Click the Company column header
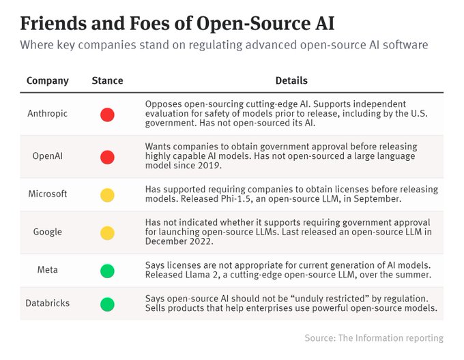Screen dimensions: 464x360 pyautogui.click(x=47, y=80)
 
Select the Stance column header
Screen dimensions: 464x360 pyautogui.click(x=107, y=80)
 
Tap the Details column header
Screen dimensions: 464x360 pyautogui.click(x=291, y=80)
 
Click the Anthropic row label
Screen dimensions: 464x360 pyautogui.click(x=47, y=113)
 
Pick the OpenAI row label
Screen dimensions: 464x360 pyautogui.click(x=47, y=155)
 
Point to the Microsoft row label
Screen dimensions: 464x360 pyautogui.click(x=47, y=194)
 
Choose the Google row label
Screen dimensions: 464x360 pyautogui.click(x=47, y=232)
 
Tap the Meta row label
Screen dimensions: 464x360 pyautogui.click(x=47, y=270)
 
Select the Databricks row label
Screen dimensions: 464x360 pyautogui.click(x=47, y=303)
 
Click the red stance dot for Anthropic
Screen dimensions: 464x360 pyautogui.click(x=107, y=115)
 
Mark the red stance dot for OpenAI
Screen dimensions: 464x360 pyautogui.click(x=107, y=157)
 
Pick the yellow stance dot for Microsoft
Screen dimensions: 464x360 pyautogui.click(x=107, y=195)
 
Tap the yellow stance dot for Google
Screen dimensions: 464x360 pyautogui.click(x=107, y=233)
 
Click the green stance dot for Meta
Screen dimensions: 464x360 pyautogui.click(x=107, y=271)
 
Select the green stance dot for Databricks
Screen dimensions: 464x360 pyautogui.click(x=107, y=305)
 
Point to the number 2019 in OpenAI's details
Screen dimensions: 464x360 pyautogui.click(x=209, y=166)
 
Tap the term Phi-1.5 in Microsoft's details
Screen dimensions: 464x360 pyautogui.click(x=237, y=198)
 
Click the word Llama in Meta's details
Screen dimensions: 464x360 pyautogui.click(x=198, y=275)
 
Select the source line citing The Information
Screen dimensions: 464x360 pyautogui.click(x=374, y=337)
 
